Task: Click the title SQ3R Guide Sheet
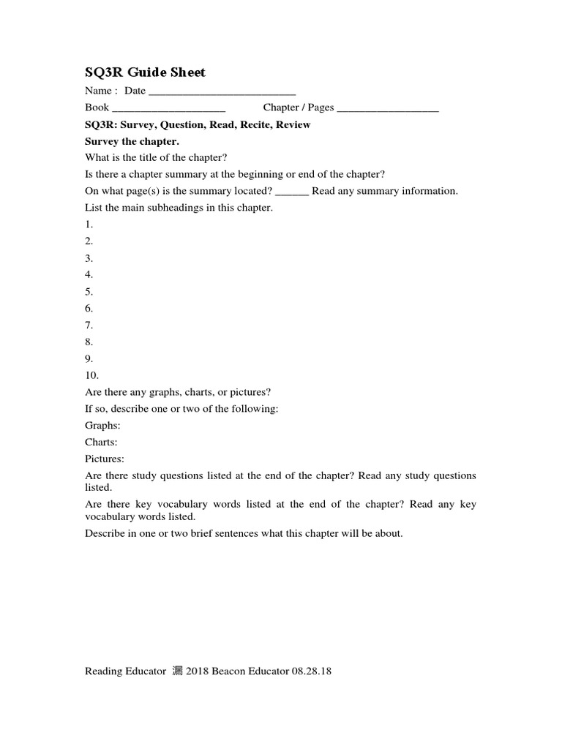click(146, 72)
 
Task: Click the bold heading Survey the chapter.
click(132, 141)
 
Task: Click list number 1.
click(89, 225)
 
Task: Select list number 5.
click(89, 291)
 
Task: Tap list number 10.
click(91, 375)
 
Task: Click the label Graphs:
click(102, 425)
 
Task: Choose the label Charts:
click(101, 442)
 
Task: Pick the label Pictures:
click(105, 459)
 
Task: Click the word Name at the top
click(98, 91)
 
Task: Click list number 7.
click(89, 325)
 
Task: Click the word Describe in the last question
click(105, 533)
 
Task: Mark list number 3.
click(89, 258)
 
